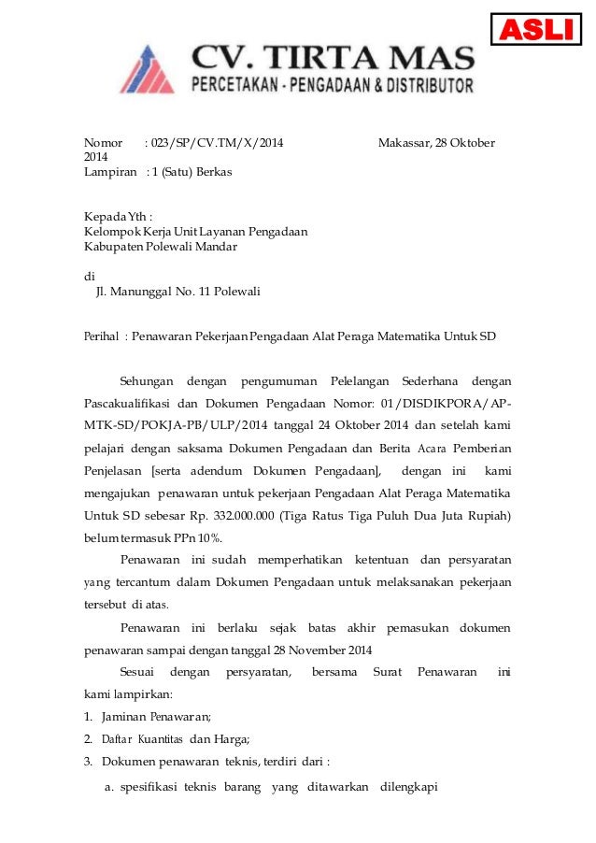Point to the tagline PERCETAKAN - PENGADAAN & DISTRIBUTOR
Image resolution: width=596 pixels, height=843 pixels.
coord(333,87)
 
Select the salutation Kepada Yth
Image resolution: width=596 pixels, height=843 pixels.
coord(118,216)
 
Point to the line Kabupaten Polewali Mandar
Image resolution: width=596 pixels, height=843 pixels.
coord(161,247)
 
